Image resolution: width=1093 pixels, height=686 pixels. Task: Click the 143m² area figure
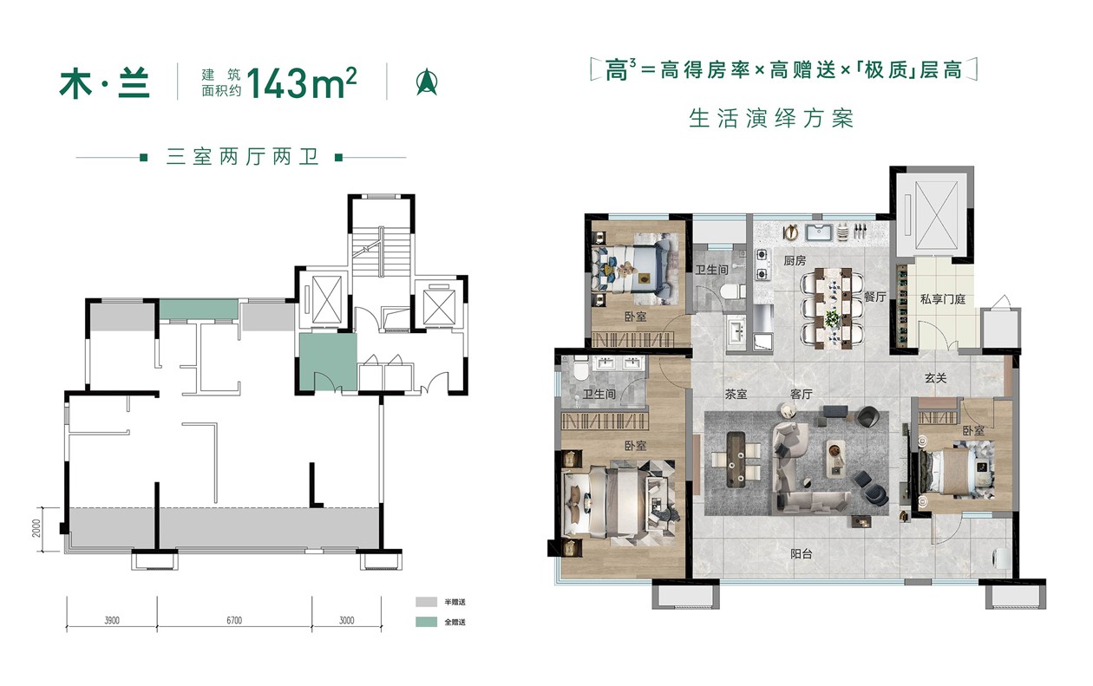click(301, 83)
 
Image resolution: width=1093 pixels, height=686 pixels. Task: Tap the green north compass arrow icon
click(426, 82)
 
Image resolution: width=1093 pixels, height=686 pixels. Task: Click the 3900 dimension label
click(111, 620)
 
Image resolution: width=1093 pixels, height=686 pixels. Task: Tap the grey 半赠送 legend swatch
click(426, 601)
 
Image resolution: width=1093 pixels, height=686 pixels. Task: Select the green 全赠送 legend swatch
click(426, 622)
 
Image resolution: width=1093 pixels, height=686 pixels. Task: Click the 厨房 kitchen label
click(795, 260)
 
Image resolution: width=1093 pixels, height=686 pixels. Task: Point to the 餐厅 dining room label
click(874, 296)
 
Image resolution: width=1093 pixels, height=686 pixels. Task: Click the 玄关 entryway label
click(935, 378)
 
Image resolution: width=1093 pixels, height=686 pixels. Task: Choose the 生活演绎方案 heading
click(770, 118)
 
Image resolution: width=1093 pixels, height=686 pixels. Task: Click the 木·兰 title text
click(105, 83)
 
